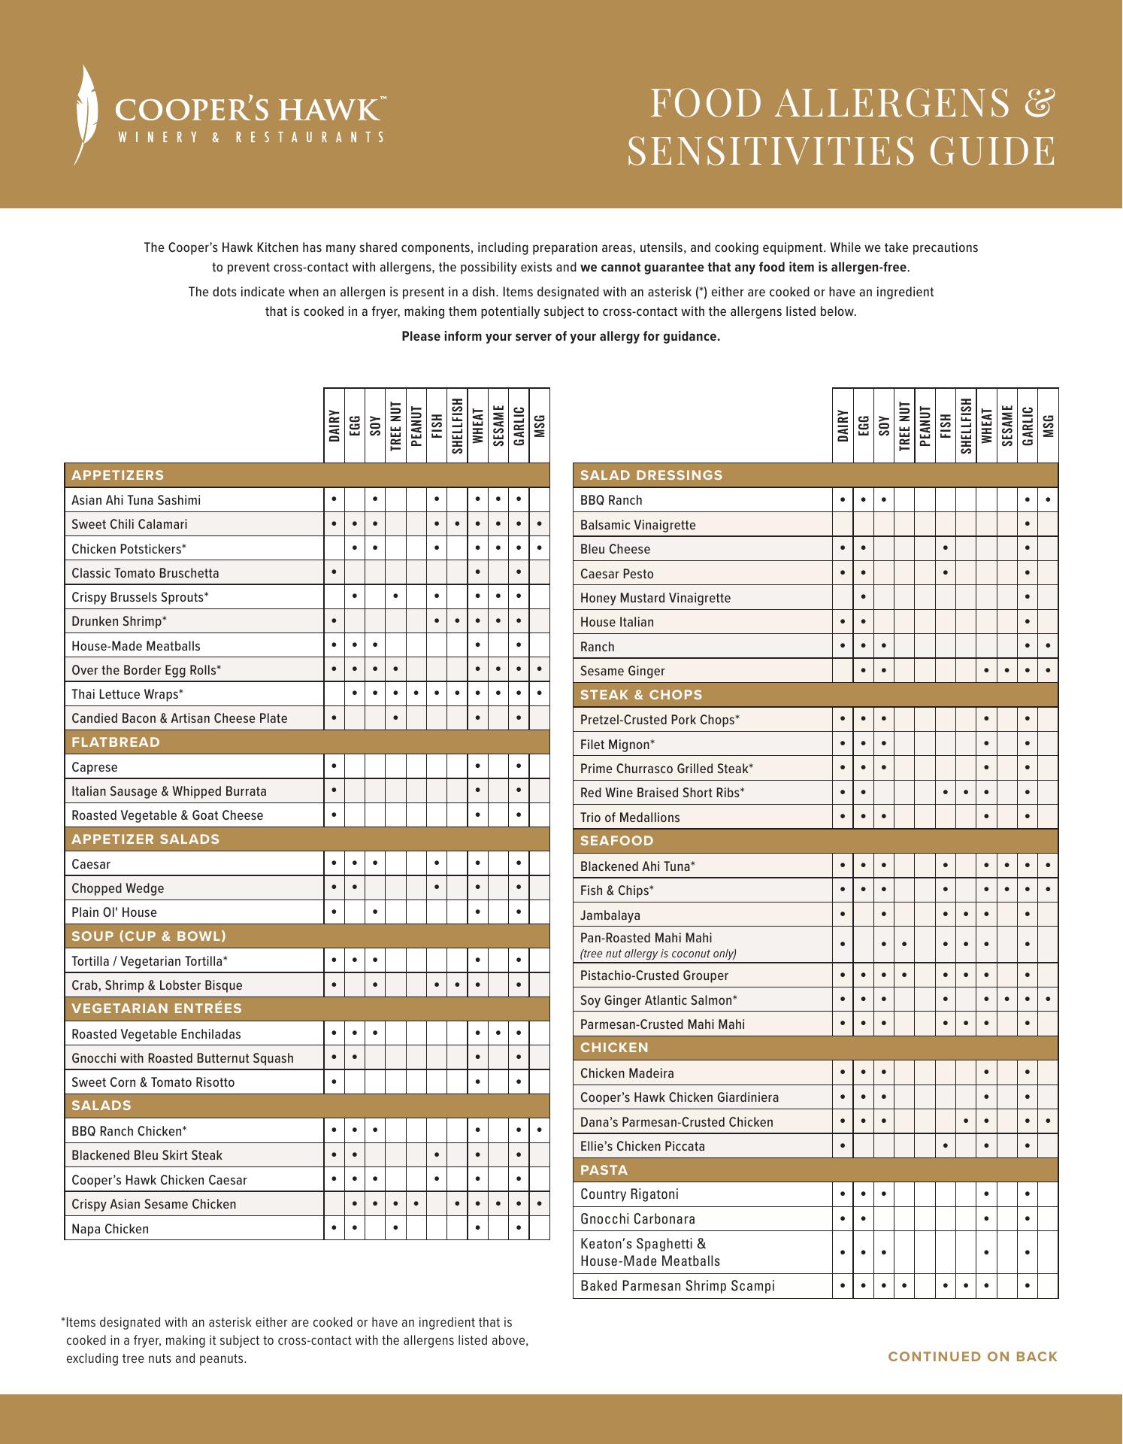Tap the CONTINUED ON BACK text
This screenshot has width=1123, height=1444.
(973, 1357)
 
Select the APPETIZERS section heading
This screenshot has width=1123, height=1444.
(117, 475)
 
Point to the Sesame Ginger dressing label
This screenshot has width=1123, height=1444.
(622, 671)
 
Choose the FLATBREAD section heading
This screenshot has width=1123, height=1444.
(116, 742)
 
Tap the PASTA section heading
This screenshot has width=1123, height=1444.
(604, 1170)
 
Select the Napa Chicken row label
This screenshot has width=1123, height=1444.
(110, 1229)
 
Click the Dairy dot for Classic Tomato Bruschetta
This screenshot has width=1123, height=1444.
(333, 572)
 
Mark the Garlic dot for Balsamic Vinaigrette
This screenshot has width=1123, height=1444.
(1027, 524)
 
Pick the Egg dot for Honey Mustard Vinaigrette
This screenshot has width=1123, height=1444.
(864, 597)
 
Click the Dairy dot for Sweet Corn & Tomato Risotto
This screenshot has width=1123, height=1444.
(333, 1081)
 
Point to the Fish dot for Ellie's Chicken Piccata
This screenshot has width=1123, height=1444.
(945, 1145)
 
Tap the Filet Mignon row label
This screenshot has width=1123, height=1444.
(617, 745)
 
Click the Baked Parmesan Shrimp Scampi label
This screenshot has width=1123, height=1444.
(677, 1286)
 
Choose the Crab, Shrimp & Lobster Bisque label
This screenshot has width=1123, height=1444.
(156, 985)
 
